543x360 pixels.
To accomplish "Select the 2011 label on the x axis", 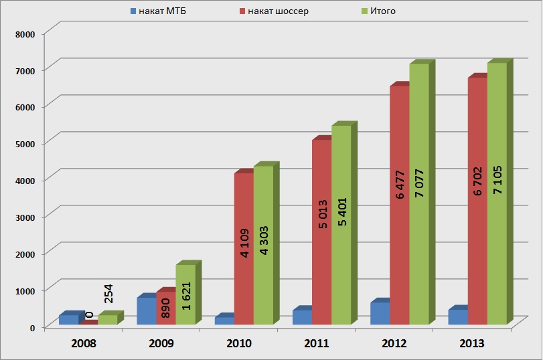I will (x=317, y=343).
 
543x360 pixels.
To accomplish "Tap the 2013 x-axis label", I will (x=472, y=343).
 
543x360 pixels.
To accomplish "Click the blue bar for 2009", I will (x=146, y=311).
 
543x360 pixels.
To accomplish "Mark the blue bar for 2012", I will (x=380, y=313).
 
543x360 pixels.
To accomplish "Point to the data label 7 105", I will (x=497, y=179).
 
